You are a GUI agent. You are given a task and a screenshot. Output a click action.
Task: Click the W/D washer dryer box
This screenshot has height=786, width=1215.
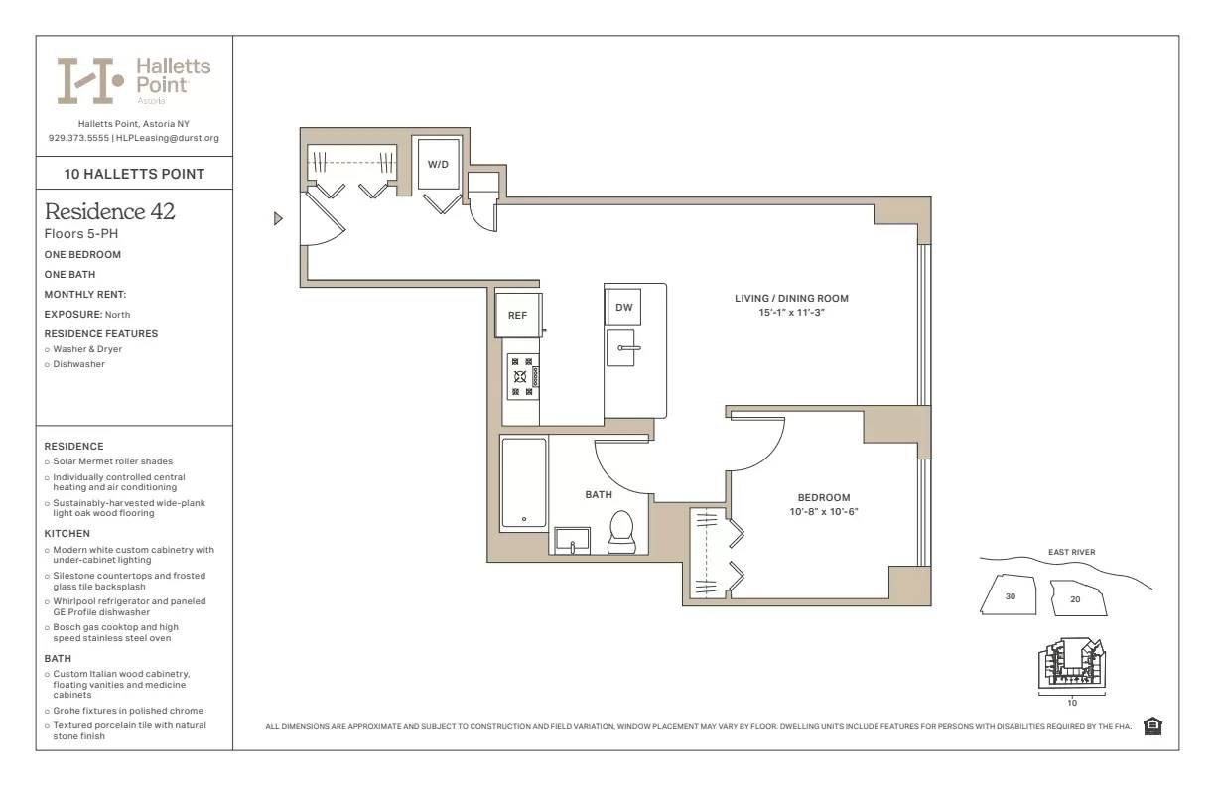tap(438, 164)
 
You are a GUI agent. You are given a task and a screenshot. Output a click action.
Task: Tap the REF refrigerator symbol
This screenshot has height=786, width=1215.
tap(517, 315)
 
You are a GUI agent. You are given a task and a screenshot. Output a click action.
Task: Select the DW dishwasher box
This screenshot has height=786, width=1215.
tap(623, 308)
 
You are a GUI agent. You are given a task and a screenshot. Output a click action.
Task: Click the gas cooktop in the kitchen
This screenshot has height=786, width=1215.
tap(522, 377)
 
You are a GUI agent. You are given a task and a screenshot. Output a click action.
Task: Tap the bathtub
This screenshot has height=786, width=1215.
tap(523, 483)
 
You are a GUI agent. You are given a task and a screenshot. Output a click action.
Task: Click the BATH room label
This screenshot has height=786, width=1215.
tap(599, 494)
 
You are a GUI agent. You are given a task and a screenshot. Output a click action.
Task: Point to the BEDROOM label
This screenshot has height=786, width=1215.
tap(824, 498)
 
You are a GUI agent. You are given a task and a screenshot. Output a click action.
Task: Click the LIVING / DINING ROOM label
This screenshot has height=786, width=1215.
tap(791, 299)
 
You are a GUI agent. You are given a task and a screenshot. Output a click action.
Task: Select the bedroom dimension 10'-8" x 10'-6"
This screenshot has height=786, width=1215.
tap(824, 512)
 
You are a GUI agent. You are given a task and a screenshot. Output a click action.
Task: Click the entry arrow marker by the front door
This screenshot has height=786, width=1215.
tap(279, 218)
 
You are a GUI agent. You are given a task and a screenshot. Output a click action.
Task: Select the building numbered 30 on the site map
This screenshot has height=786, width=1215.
tap(1011, 596)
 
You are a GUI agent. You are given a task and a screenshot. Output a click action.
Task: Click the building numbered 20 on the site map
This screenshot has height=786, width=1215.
tap(1076, 598)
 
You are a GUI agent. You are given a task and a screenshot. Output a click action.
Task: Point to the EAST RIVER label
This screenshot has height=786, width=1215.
tap(1071, 553)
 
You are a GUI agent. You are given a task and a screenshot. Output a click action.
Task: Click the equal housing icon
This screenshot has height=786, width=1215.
tap(1152, 726)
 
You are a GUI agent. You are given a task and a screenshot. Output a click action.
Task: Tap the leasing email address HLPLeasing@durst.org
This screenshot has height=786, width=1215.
tap(168, 138)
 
